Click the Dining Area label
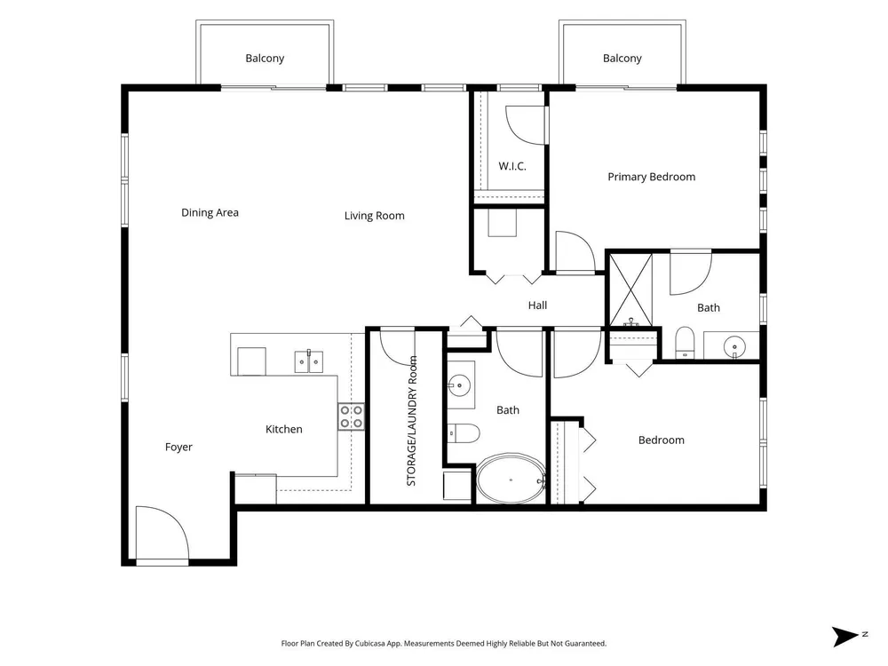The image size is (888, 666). coord(210,213)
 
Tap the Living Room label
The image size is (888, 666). coord(375,216)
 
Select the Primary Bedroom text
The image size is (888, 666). coord(651,177)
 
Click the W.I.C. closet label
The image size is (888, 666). coord(512,167)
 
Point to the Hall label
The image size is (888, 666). coord(537,305)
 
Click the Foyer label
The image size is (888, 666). coord(178,448)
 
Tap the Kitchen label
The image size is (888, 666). coord(284,429)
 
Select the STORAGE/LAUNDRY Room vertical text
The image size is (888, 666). coord(412,421)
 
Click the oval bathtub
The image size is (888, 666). coord(511,479)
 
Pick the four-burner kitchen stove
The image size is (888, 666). coord(351,416)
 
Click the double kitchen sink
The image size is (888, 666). coord(309,361)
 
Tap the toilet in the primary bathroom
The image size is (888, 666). coord(685,342)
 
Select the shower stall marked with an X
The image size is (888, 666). coord(630,289)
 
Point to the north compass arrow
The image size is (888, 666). coord(845,637)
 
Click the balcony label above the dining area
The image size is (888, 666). coord(265,59)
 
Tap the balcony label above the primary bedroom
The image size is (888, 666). coord(622,59)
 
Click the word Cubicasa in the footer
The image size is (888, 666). coord(369,643)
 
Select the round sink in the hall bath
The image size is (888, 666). coord(459,385)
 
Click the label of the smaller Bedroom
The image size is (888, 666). coord(661,440)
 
